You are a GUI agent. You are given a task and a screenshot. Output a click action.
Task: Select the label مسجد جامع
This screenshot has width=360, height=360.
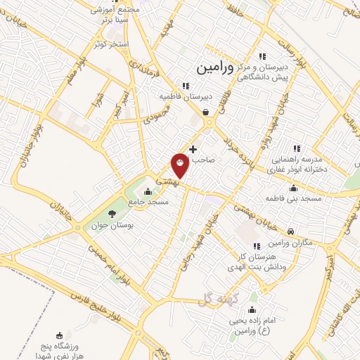148,202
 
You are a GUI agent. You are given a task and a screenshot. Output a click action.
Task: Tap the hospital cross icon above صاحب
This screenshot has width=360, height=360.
193,149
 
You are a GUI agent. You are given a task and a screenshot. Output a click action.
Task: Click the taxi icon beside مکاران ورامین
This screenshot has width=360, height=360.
291,231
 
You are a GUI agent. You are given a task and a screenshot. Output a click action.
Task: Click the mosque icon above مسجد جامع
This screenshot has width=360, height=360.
148,191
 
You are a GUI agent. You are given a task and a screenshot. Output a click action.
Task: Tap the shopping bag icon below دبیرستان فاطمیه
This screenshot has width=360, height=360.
205,111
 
